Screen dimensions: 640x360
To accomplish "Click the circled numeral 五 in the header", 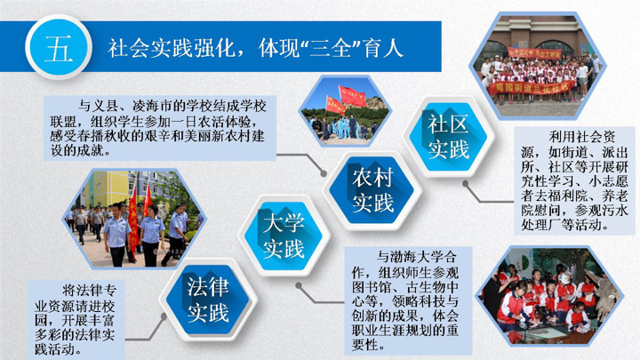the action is click(x=59, y=47).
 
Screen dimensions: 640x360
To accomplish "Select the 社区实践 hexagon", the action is click(x=448, y=137).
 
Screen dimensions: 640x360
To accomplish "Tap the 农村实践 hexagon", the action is click(x=372, y=190).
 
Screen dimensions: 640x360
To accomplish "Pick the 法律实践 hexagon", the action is click(x=208, y=300).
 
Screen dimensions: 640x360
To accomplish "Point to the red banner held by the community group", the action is click(x=530, y=87).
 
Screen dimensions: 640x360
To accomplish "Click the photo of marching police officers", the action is click(x=135, y=220).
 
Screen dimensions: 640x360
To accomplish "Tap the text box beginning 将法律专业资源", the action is click(x=76, y=320).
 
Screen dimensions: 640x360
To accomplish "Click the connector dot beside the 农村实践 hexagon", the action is click(x=324, y=174).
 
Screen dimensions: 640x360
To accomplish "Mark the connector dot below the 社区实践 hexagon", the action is click(x=465, y=184).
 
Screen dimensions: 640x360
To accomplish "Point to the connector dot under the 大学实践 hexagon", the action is click(x=299, y=285).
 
